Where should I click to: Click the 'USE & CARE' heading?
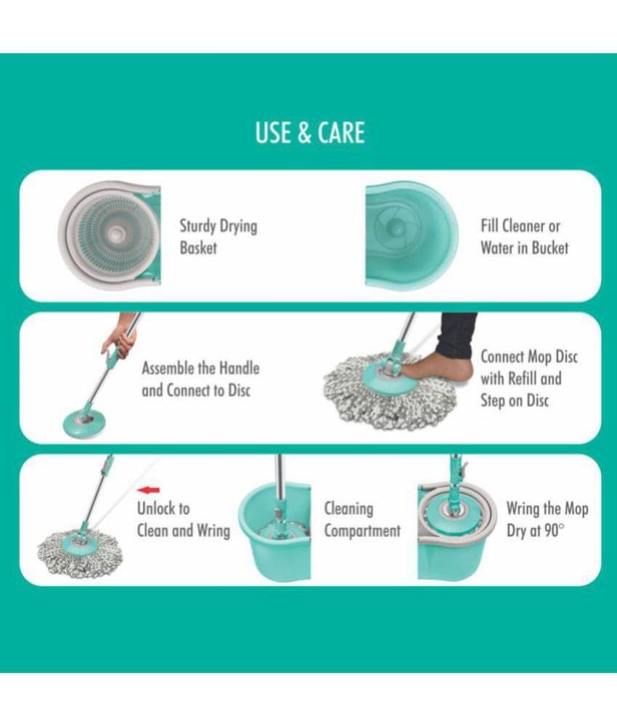pos(310,132)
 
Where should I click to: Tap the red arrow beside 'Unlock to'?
pos(148,490)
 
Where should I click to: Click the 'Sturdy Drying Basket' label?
pos(218,237)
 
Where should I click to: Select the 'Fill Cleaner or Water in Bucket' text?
pos(524,237)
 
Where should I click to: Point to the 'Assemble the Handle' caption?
pos(200,368)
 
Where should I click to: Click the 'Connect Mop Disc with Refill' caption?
pos(528,368)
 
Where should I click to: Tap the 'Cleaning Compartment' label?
pos(362,520)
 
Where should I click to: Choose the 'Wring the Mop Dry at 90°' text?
pos(547,520)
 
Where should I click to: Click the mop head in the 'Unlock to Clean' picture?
pos(80,551)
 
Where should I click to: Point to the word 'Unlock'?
pos(157,508)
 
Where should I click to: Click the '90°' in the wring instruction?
pos(554,530)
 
